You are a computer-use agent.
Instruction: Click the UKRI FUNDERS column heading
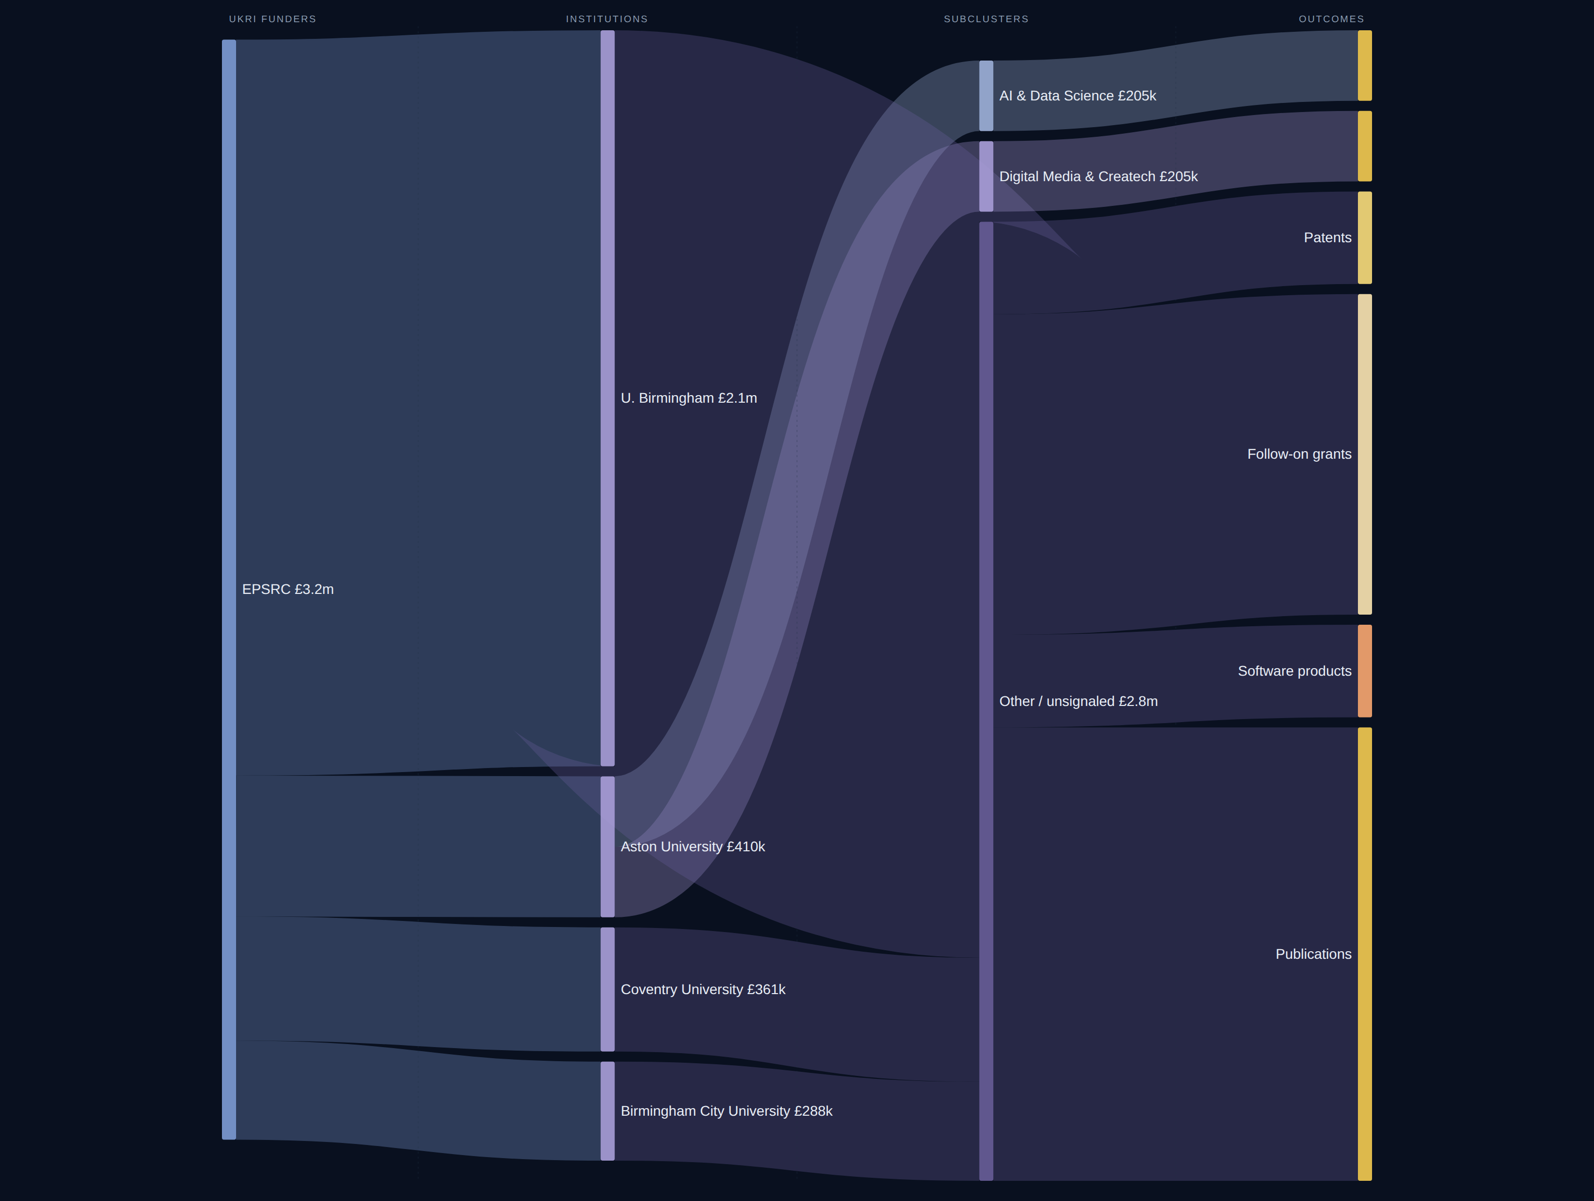[x=272, y=19]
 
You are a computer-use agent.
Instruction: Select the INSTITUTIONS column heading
[x=607, y=19]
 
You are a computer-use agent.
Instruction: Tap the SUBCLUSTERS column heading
[x=986, y=19]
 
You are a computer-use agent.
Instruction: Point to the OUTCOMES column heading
[x=1331, y=19]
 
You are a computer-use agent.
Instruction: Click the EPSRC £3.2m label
[x=288, y=589]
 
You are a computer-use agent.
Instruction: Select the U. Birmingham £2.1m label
[x=688, y=398]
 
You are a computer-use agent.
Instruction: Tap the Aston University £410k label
[x=693, y=846]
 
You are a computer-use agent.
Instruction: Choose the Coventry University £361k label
[x=703, y=989]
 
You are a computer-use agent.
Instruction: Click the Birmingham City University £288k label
[x=726, y=1111]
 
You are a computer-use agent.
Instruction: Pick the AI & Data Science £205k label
[x=1077, y=96]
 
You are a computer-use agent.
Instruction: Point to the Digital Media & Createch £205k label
[x=1098, y=177]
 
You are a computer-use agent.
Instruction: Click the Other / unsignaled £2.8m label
[x=1078, y=701]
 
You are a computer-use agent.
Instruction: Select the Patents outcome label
[x=1327, y=238]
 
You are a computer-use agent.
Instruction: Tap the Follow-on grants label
[x=1299, y=454]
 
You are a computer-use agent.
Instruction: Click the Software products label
[x=1294, y=671]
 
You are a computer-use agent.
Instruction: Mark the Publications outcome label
[x=1313, y=954]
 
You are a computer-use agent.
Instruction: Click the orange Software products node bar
[x=1365, y=671]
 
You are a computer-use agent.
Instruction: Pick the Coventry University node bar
[x=607, y=989]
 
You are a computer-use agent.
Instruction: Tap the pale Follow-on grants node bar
[x=1365, y=454]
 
